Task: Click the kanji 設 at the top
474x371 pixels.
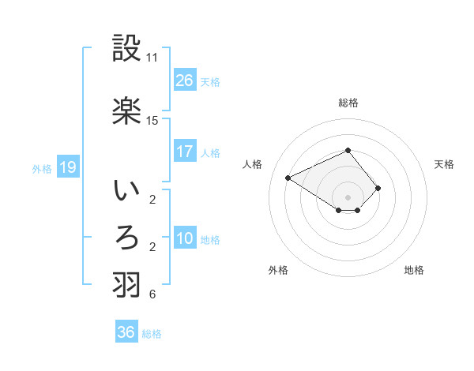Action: pos(127,50)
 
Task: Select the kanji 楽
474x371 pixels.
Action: pos(127,111)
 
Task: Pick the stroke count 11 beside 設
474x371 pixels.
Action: pos(152,58)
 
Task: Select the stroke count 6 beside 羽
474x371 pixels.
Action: pos(152,294)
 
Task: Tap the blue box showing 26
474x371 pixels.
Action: pos(185,81)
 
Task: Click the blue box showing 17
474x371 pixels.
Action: pos(185,152)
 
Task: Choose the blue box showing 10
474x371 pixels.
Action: pos(185,238)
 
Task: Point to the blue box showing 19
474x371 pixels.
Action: pos(67,167)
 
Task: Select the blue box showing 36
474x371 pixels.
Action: pos(126,332)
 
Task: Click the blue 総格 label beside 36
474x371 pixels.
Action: pos(152,334)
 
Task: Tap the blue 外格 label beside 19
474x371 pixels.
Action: pos(42,168)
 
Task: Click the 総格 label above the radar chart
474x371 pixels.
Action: pos(348,103)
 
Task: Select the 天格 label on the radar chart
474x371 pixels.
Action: pos(444,164)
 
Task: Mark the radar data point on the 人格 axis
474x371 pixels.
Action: pos(288,177)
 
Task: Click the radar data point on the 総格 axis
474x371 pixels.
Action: pos(348,150)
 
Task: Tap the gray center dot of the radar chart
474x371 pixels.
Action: pos(348,197)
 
